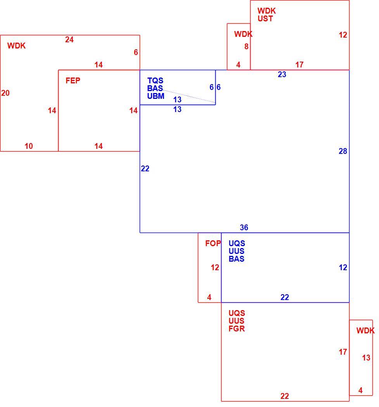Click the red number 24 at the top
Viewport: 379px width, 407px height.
pyautogui.click(x=69, y=40)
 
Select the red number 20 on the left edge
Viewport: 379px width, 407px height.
pyautogui.click(x=5, y=93)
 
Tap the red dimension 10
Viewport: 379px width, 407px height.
pyautogui.click(x=29, y=146)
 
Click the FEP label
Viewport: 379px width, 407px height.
pyautogui.click(x=73, y=81)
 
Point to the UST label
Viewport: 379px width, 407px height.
pyautogui.click(x=265, y=19)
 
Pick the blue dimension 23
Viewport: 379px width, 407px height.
pyautogui.click(x=282, y=74)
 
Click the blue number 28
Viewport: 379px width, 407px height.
pyautogui.click(x=343, y=151)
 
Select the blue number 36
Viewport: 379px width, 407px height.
pyautogui.click(x=244, y=228)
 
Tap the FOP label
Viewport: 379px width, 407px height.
pyautogui.click(x=213, y=243)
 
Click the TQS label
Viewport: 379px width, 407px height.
pyautogui.click(x=155, y=81)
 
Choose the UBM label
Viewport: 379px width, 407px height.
pyautogui.click(x=156, y=96)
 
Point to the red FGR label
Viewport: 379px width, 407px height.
pyautogui.click(x=237, y=329)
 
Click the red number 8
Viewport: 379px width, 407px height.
pyautogui.click(x=246, y=47)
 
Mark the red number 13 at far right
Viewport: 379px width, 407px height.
pyautogui.click(x=366, y=358)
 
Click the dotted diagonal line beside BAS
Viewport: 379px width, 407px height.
pyautogui.click(x=189, y=96)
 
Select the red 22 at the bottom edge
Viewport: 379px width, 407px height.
pyautogui.click(x=284, y=396)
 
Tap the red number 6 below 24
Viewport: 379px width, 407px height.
pyautogui.click(x=136, y=52)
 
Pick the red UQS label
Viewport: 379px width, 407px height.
pyautogui.click(x=237, y=313)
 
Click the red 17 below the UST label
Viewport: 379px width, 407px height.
pyautogui.click(x=299, y=65)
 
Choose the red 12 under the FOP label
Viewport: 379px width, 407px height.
pyautogui.click(x=215, y=267)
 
